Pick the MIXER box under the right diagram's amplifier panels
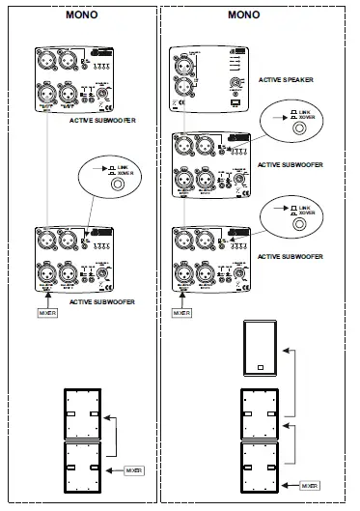(181, 313)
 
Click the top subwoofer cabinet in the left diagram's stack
(81, 413)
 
